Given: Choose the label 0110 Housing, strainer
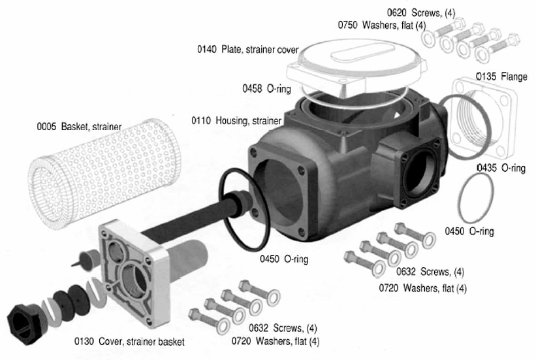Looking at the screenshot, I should [x=236, y=121].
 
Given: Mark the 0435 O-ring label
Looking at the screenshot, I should [x=501, y=169].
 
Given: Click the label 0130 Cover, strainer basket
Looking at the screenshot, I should [x=129, y=342].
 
